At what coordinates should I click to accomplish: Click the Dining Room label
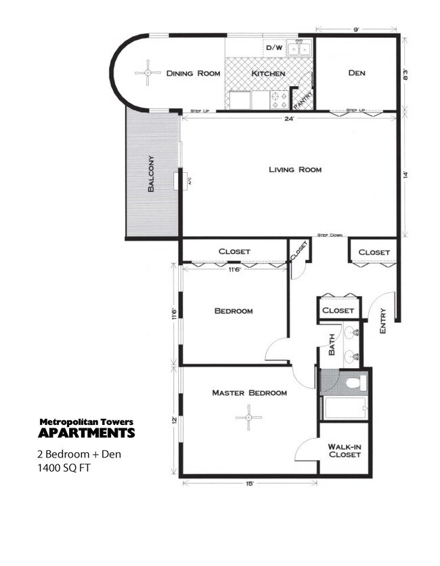(193, 73)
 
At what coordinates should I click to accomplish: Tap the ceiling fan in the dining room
(146, 73)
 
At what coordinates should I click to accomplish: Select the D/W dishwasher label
(273, 48)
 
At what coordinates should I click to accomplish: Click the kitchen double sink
(298, 48)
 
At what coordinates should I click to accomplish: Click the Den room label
(357, 73)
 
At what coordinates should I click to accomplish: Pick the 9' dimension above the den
(356, 30)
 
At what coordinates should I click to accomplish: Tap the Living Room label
(291, 169)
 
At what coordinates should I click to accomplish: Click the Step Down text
(330, 235)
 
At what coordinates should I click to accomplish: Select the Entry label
(382, 321)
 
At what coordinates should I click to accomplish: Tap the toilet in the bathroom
(354, 384)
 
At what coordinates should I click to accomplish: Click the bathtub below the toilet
(344, 408)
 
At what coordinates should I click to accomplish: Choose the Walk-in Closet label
(344, 451)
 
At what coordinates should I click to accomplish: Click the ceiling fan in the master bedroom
(248, 418)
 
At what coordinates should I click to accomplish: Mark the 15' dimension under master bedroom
(249, 483)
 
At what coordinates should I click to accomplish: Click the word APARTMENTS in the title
(86, 433)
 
